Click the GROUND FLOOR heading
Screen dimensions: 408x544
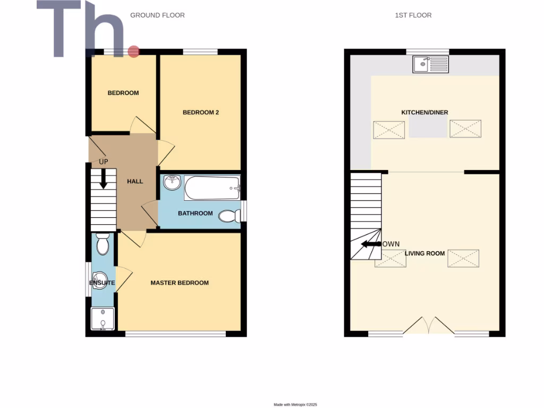157,15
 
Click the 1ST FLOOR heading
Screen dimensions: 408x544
413,15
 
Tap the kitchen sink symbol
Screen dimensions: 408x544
430,65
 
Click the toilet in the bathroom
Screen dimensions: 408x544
229,215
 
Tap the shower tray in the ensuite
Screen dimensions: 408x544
101,319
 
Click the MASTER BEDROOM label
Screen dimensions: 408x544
180,283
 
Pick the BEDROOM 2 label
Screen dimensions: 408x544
201,112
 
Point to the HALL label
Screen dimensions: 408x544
135,181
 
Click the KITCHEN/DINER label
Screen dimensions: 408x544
424,113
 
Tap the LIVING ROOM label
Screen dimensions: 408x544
424,253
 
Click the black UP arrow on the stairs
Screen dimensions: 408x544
104,178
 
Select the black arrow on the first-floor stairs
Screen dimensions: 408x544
371,244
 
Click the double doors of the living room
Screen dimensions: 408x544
428,325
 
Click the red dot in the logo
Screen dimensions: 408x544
133,52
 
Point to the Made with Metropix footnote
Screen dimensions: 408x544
295,405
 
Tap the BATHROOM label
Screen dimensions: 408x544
195,214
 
